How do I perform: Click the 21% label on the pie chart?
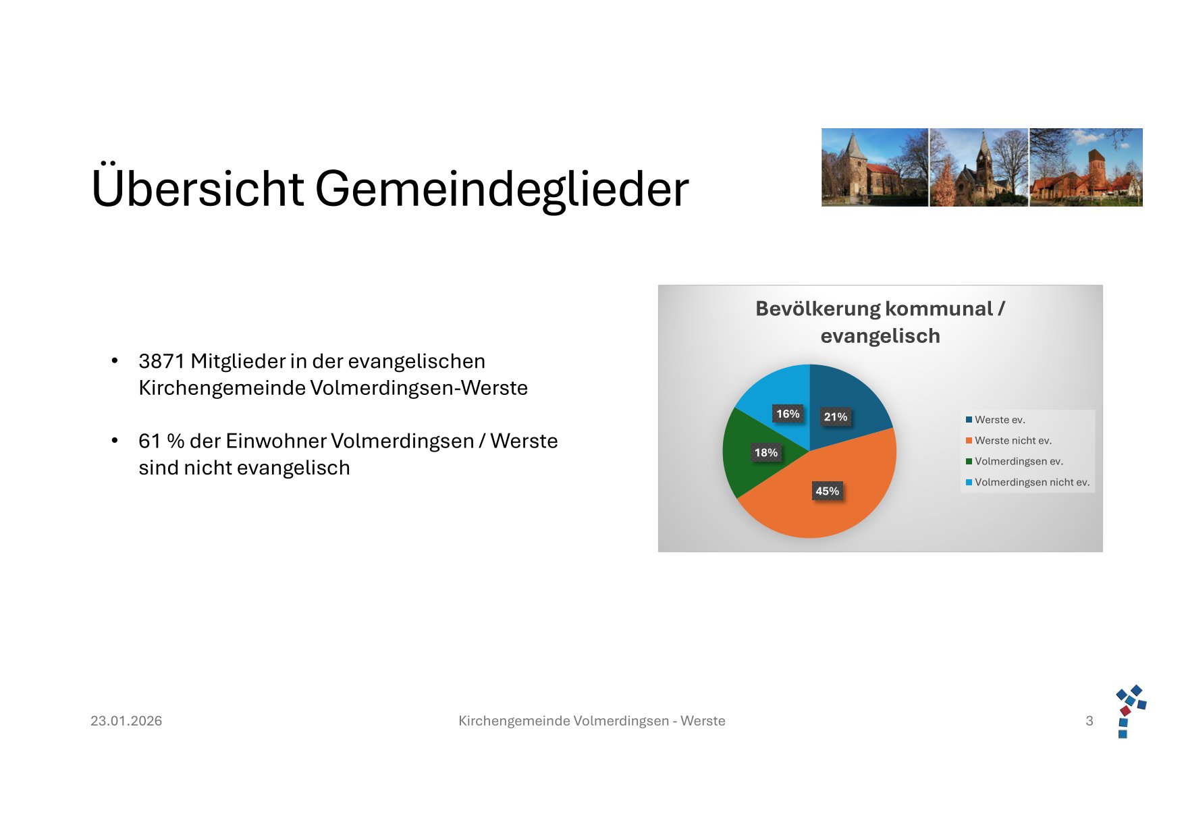coord(836,416)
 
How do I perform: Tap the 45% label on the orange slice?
coord(827,491)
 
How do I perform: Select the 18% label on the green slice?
coord(766,452)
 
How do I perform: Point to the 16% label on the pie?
coord(788,414)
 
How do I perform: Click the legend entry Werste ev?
coord(996,420)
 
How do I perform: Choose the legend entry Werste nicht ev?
coord(1008,441)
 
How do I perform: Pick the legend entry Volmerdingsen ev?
coord(1015,462)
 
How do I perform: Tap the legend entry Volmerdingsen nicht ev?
coord(1027,483)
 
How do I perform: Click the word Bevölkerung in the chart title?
coord(817,308)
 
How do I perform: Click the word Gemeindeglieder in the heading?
coord(502,189)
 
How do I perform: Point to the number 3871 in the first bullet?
coord(161,361)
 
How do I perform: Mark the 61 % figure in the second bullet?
coord(161,441)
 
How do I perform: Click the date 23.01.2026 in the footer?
coord(126,721)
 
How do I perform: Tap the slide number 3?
coord(1089,721)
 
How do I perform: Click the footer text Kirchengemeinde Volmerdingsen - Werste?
coord(592,721)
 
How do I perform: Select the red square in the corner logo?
coord(1125,711)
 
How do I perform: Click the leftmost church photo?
coord(875,167)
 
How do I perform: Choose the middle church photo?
coord(979,167)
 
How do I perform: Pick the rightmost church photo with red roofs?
coord(1086,167)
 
